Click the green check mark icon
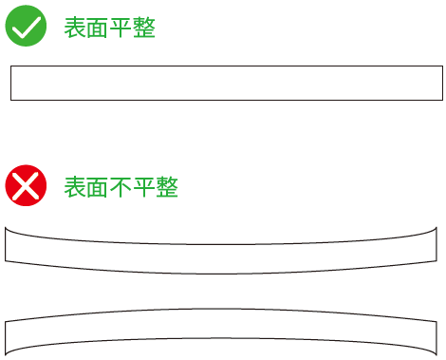(x=27, y=27)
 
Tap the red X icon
(x=27, y=186)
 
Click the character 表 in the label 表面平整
(x=75, y=28)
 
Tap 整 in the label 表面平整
(x=144, y=28)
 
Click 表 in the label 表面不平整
(x=75, y=188)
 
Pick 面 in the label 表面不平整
(x=98, y=188)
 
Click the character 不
(x=121, y=188)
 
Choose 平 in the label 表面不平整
(x=144, y=188)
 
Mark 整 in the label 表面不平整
(x=167, y=188)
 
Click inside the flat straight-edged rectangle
(x=226, y=83)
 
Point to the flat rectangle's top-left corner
(x=10, y=66)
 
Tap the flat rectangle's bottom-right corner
(x=442, y=99)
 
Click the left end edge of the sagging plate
(x=6, y=244)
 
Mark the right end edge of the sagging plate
(x=437, y=244)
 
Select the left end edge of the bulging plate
(x=6, y=338)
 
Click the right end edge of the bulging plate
(x=437, y=338)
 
